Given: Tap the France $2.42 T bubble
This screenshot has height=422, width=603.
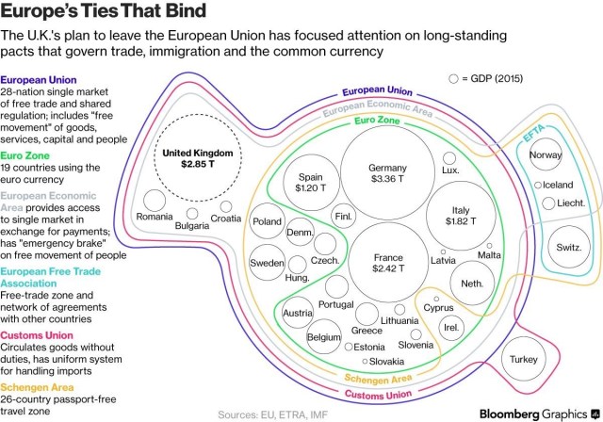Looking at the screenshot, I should click(389, 263).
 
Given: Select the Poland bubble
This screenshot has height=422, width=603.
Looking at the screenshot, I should click(268, 221).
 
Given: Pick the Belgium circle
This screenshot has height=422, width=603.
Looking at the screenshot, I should click(323, 336).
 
